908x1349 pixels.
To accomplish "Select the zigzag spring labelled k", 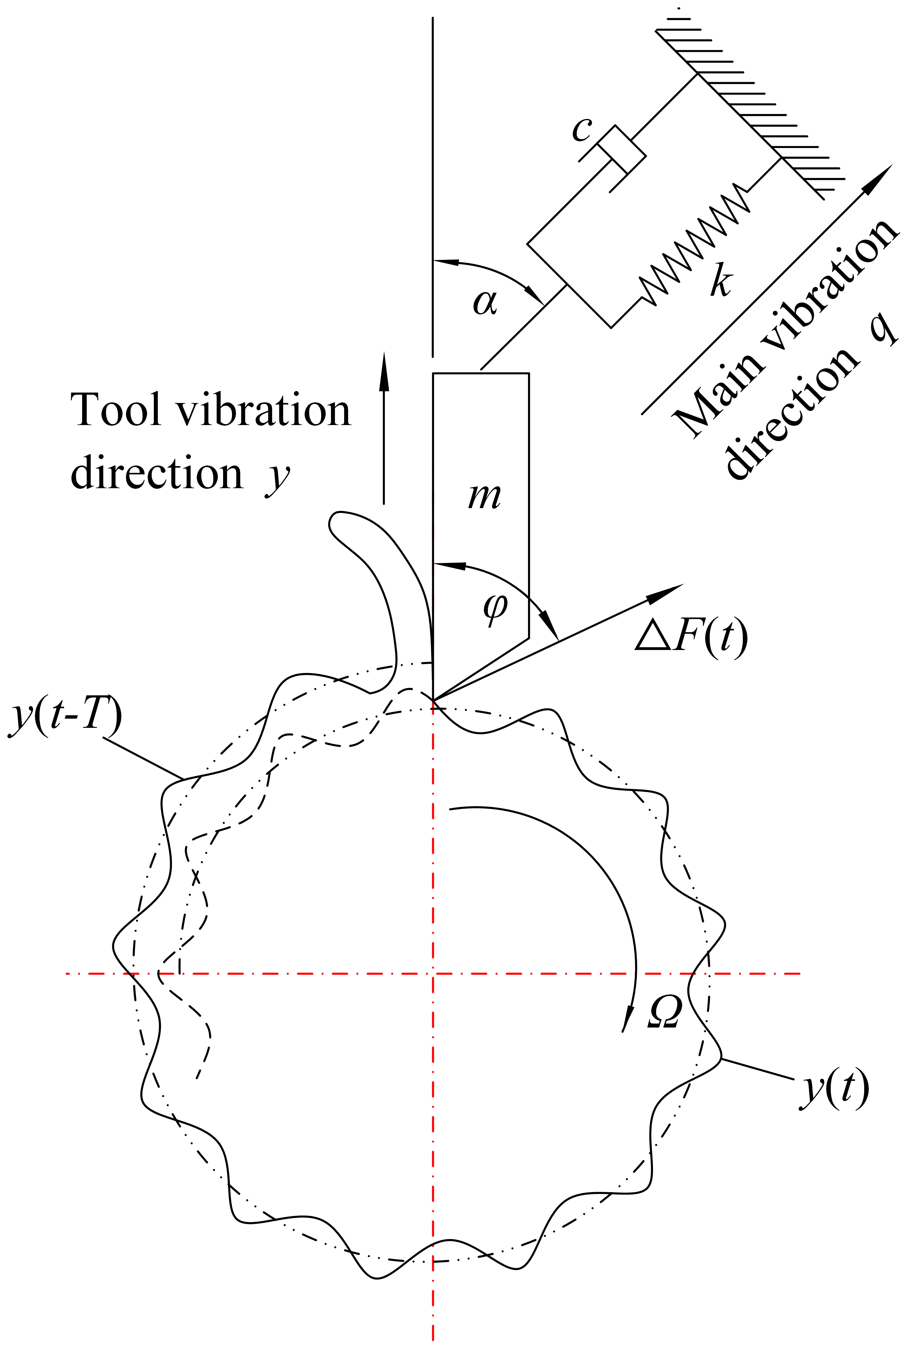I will click(695, 243).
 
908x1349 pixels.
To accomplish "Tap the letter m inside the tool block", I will click(484, 496).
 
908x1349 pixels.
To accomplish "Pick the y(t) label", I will click(834, 1089).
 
